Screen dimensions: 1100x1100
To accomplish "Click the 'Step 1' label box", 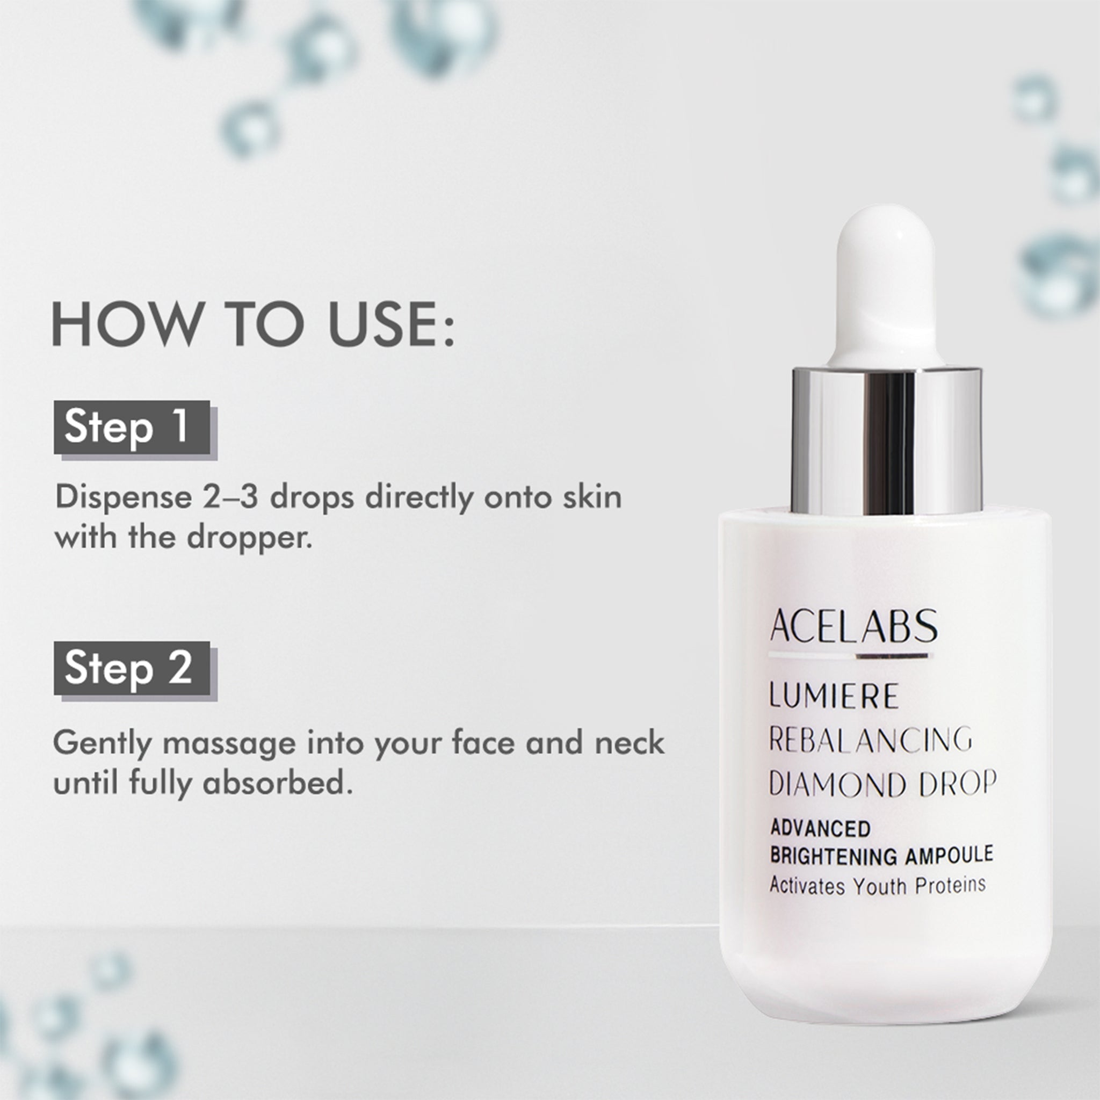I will tap(132, 427).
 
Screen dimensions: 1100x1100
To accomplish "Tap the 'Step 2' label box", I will tap(132, 668).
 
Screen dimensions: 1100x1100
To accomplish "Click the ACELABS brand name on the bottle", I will tap(853, 626).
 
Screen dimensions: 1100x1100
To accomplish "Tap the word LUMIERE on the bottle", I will tap(834, 696).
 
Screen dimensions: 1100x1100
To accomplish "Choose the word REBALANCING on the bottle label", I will tap(871, 740).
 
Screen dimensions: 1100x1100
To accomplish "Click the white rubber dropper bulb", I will tap(885, 285).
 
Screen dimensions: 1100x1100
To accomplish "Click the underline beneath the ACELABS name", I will tap(851, 656).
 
